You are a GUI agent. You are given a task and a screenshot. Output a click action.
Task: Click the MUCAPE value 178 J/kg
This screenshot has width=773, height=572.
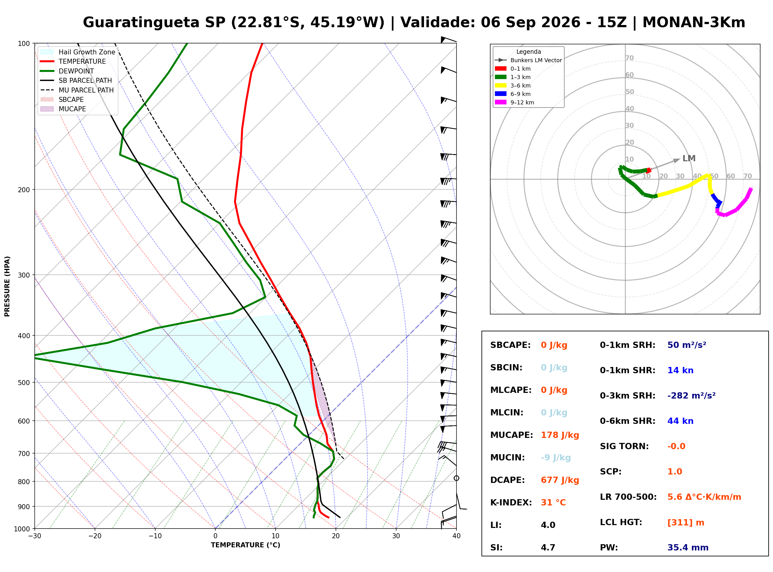560,435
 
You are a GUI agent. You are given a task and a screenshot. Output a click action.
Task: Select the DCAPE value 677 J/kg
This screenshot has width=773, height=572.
560,480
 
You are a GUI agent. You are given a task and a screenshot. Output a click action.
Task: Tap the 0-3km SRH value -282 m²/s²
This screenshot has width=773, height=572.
691,395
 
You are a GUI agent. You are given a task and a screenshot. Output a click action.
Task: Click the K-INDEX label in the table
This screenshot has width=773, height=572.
511,502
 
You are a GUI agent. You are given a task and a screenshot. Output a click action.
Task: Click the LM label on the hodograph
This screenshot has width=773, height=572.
689,158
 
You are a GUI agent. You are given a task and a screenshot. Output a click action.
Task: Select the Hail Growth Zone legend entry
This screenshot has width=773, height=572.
78,52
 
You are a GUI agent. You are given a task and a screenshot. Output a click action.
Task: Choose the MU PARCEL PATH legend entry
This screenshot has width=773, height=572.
77,90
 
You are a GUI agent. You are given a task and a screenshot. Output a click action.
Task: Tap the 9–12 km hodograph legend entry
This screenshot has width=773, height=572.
515,102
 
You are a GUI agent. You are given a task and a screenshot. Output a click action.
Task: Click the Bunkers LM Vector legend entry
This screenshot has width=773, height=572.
528,60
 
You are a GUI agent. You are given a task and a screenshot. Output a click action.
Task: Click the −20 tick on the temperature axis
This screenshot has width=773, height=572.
94,536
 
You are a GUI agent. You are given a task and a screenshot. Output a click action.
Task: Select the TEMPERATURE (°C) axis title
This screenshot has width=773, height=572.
245,545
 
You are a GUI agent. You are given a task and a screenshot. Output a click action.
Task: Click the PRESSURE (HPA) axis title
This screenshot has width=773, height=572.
7,286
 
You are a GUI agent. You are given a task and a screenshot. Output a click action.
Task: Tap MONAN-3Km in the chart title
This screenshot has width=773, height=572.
694,23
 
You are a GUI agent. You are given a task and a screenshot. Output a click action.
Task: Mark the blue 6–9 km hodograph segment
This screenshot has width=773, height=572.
716,200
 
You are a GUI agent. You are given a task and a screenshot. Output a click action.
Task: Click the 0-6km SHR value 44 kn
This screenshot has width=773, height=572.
680,421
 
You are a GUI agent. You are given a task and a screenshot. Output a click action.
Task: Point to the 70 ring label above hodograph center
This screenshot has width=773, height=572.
629,58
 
